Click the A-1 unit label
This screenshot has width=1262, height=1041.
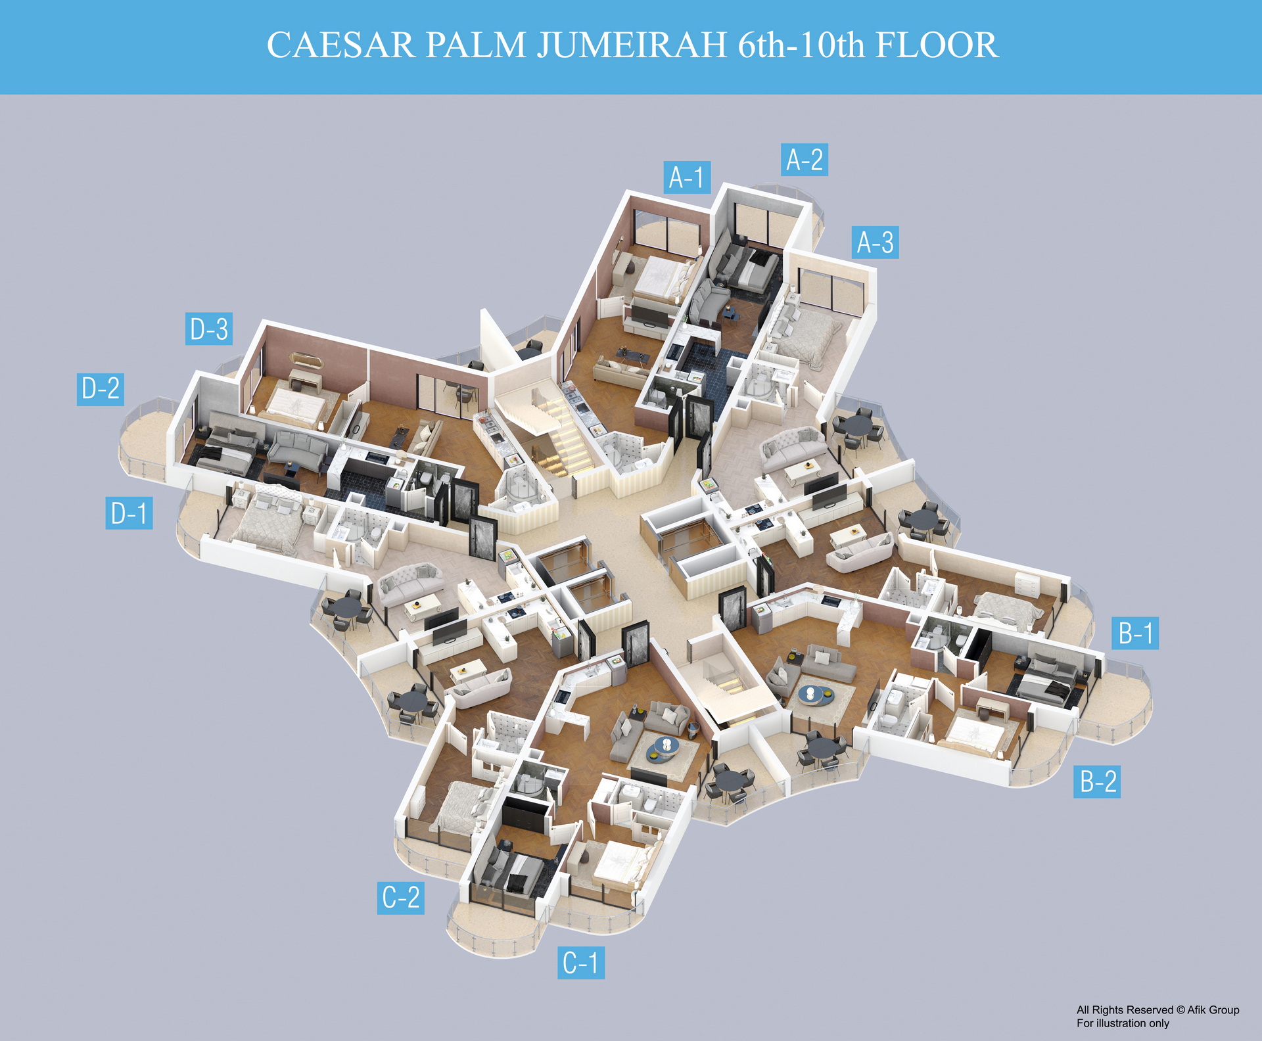click(686, 177)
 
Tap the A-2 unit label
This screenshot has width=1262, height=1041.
click(805, 160)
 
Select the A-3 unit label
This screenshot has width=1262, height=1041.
click(875, 243)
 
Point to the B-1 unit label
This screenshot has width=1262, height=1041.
click(1135, 633)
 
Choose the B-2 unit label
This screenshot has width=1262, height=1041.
click(1097, 781)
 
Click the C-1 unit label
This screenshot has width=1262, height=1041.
click(581, 963)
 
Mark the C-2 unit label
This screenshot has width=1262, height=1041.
click(400, 898)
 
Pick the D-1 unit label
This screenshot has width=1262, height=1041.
click(129, 513)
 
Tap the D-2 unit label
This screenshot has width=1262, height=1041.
click(101, 388)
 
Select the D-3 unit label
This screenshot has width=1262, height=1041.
click(208, 329)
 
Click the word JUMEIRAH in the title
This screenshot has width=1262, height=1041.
click(632, 45)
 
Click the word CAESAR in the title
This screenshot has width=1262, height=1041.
click(340, 45)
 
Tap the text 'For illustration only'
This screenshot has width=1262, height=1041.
click(1123, 1023)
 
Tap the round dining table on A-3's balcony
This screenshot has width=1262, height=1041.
click(856, 425)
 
